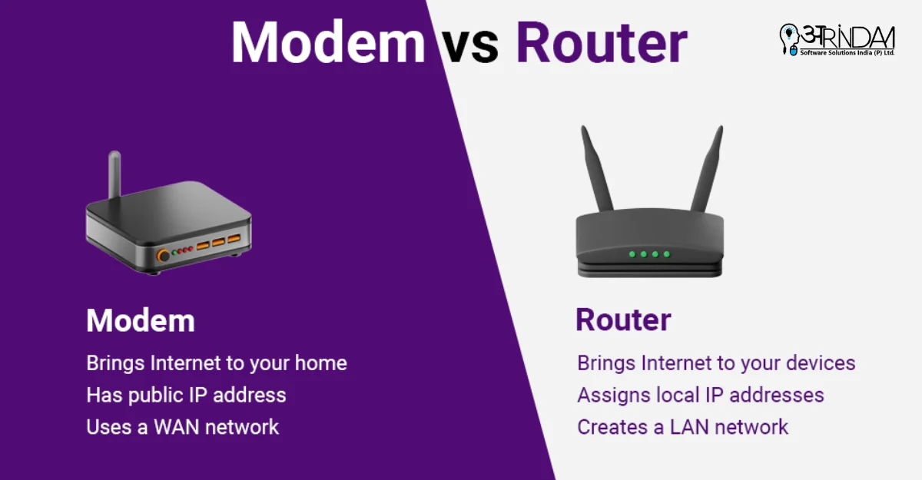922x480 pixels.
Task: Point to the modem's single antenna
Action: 114,173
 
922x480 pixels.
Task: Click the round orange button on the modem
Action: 163,255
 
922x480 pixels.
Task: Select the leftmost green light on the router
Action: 632,253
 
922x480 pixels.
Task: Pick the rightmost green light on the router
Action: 667,253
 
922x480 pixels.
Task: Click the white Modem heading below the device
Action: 140,320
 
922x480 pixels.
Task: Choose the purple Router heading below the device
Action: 623,319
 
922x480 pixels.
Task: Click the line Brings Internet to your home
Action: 217,362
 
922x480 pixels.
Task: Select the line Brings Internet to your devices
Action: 716,362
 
